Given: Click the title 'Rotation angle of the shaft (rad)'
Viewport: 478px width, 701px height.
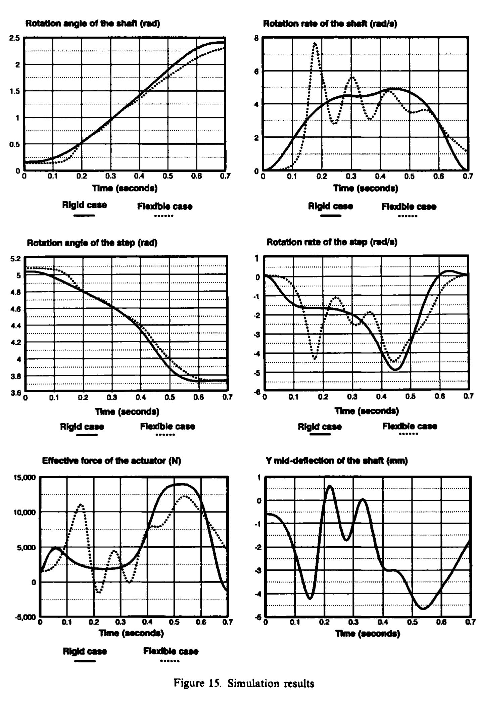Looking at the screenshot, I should click(x=93, y=23).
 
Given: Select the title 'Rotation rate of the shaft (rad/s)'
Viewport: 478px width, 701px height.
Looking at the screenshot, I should click(x=330, y=24).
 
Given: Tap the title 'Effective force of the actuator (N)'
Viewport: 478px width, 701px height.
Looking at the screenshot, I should click(x=111, y=461).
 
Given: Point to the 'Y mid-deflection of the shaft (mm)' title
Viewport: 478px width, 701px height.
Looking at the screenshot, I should click(x=337, y=461).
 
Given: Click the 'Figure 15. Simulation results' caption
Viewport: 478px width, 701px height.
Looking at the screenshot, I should click(x=244, y=683).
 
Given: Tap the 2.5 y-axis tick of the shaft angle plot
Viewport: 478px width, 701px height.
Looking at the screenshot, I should click(x=15, y=38).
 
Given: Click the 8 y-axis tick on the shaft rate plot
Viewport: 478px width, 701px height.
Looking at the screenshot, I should click(x=256, y=38).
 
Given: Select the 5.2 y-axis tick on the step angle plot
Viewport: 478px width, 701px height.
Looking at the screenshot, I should click(x=15, y=258).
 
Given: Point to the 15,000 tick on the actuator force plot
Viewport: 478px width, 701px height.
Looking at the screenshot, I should click(x=25, y=478).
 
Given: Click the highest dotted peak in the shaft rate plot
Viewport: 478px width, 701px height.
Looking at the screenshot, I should click(x=315, y=43).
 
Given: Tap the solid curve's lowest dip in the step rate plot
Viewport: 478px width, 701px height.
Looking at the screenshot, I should click(x=396, y=369).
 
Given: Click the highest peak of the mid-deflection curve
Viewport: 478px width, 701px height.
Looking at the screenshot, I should click(x=330, y=486).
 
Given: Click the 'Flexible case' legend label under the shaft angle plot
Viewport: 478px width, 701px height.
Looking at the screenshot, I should click(x=164, y=206).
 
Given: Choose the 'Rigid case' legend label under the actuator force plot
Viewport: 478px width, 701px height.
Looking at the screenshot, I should click(x=85, y=651).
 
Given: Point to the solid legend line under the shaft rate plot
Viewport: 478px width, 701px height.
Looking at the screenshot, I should click(x=330, y=215).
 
